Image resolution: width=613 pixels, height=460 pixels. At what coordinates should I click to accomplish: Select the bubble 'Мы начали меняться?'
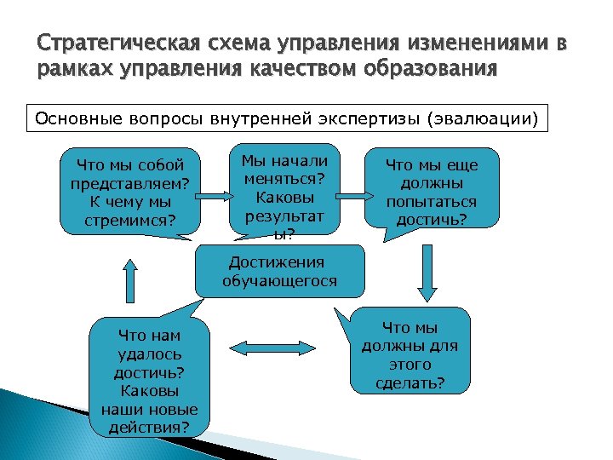click(x=284, y=193)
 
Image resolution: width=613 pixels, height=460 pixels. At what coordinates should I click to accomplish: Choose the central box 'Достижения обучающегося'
click(x=279, y=272)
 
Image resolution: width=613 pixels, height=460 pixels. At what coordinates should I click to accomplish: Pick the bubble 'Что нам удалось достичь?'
click(x=150, y=377)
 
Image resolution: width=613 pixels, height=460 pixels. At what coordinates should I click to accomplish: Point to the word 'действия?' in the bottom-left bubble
click(x=151, y=425)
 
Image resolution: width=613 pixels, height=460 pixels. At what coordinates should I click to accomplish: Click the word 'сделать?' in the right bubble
click(x=410, y=382)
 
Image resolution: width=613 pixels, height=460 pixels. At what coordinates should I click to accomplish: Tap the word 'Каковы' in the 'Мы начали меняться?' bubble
click(x=284, y=197)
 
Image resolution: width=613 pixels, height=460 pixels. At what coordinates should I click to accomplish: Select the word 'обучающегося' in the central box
click(x=279, y=280)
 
